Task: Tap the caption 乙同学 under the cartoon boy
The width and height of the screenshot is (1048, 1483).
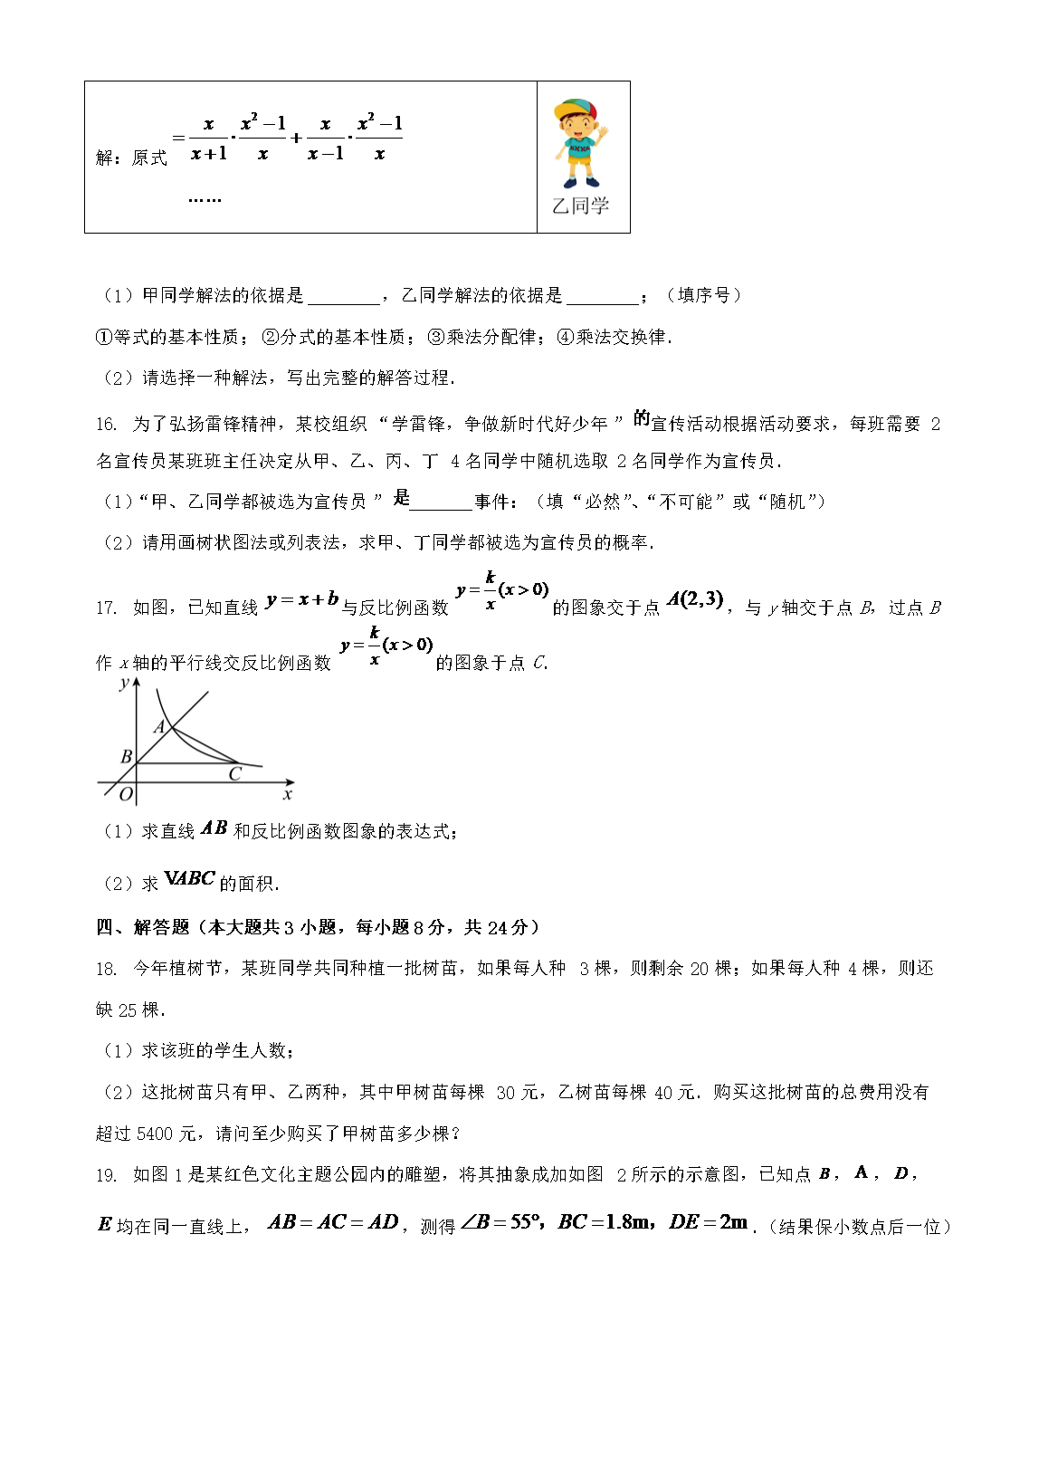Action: [x=580, y=206]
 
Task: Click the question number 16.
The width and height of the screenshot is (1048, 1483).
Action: [x=106, y=425]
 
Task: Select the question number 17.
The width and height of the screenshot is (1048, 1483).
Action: [x=106, y=608]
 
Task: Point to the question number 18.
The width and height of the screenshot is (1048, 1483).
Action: [x=106, y=969]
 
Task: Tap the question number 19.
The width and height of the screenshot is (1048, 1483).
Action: [x=106, y=1175]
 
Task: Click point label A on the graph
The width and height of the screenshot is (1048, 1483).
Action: [x=159, y=726]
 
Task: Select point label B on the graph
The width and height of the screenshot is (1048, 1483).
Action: [x=126, y=756]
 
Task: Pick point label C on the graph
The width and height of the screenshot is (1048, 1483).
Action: [x=234, y=774]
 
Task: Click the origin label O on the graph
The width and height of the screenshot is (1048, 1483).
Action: [x=126, y=795]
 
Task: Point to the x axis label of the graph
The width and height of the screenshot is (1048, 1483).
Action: [x=287, y=795]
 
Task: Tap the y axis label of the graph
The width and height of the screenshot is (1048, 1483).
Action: [x=124, y=684]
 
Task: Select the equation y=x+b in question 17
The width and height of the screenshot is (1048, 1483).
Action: [x=302, y=599]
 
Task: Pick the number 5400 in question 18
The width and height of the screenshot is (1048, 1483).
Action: [x=157, y=1134]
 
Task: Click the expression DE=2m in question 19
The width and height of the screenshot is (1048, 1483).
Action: [x=709, y=1222]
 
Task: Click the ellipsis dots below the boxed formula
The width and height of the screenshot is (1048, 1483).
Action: [x=205, y=199]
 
